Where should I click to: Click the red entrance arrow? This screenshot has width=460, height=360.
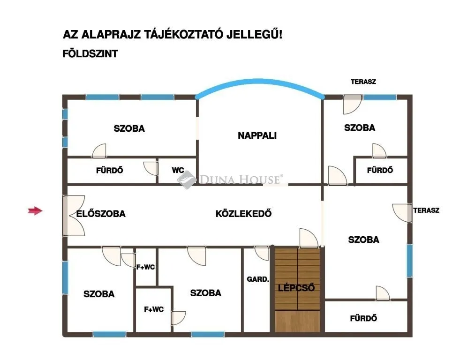click(35, 211)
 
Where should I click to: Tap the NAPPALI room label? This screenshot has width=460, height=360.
click(257, 135)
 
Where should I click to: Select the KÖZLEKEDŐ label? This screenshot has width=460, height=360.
click(243, 214)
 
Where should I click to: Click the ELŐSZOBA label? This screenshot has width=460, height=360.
click(101, 214)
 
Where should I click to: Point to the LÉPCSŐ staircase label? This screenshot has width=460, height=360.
click(296, 287)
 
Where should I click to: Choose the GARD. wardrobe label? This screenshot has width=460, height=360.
click(258, 279)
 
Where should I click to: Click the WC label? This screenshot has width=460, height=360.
click(178, 171)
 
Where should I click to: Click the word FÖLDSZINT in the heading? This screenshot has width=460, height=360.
click(90, 54)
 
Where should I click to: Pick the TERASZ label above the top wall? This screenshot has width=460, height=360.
click(363, 82)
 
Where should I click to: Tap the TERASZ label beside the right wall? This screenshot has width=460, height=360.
click(426, 210)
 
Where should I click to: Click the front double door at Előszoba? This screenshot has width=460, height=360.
click(73, 216)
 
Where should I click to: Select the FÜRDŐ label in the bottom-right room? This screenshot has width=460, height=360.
click(363, 318)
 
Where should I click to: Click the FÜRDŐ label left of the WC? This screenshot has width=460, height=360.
click(110, 171)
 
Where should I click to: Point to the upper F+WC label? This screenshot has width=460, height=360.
click(145, 267)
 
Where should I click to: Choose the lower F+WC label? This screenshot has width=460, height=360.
click(154, 309)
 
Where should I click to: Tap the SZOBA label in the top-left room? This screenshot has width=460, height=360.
click(129, 128)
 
